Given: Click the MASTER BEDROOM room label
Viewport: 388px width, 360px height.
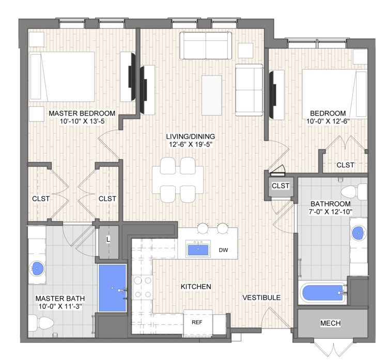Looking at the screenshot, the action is click(x=82, y=113).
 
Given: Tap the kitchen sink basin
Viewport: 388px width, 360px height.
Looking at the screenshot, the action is click(x=198, y=249).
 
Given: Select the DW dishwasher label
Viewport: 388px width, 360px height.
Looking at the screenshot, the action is click(x=223, y=250).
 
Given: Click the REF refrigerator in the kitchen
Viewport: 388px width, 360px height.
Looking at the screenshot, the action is click(x=198, y=323).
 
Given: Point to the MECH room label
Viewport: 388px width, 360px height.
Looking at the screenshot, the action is click(x=330, y=323).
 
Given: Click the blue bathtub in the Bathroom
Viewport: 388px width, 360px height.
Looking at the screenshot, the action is click(x=323, y=293).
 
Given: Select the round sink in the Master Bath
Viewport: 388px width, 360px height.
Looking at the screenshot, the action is click(x=37, y=268).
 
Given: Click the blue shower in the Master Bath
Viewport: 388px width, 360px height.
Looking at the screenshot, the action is click(x=113, y=288).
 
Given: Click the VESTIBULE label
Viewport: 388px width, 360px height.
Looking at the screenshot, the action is click(x=261, y=298).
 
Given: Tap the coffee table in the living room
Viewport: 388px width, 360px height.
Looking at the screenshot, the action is click(x=212, y=95).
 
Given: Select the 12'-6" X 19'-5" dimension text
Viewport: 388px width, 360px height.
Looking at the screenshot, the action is click(x=191, y=145).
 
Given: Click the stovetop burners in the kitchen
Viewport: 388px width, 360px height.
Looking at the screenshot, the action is click(x=143, y=288).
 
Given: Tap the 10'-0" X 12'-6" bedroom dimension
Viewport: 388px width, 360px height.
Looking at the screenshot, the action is click(x=328, y=121).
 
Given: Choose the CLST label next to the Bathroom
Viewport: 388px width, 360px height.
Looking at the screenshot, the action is click(x=281, y=185).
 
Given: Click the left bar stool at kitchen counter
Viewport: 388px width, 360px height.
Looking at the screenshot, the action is click(x=204, y=228).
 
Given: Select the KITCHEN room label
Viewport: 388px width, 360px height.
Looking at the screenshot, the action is click(x=196, y=287).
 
